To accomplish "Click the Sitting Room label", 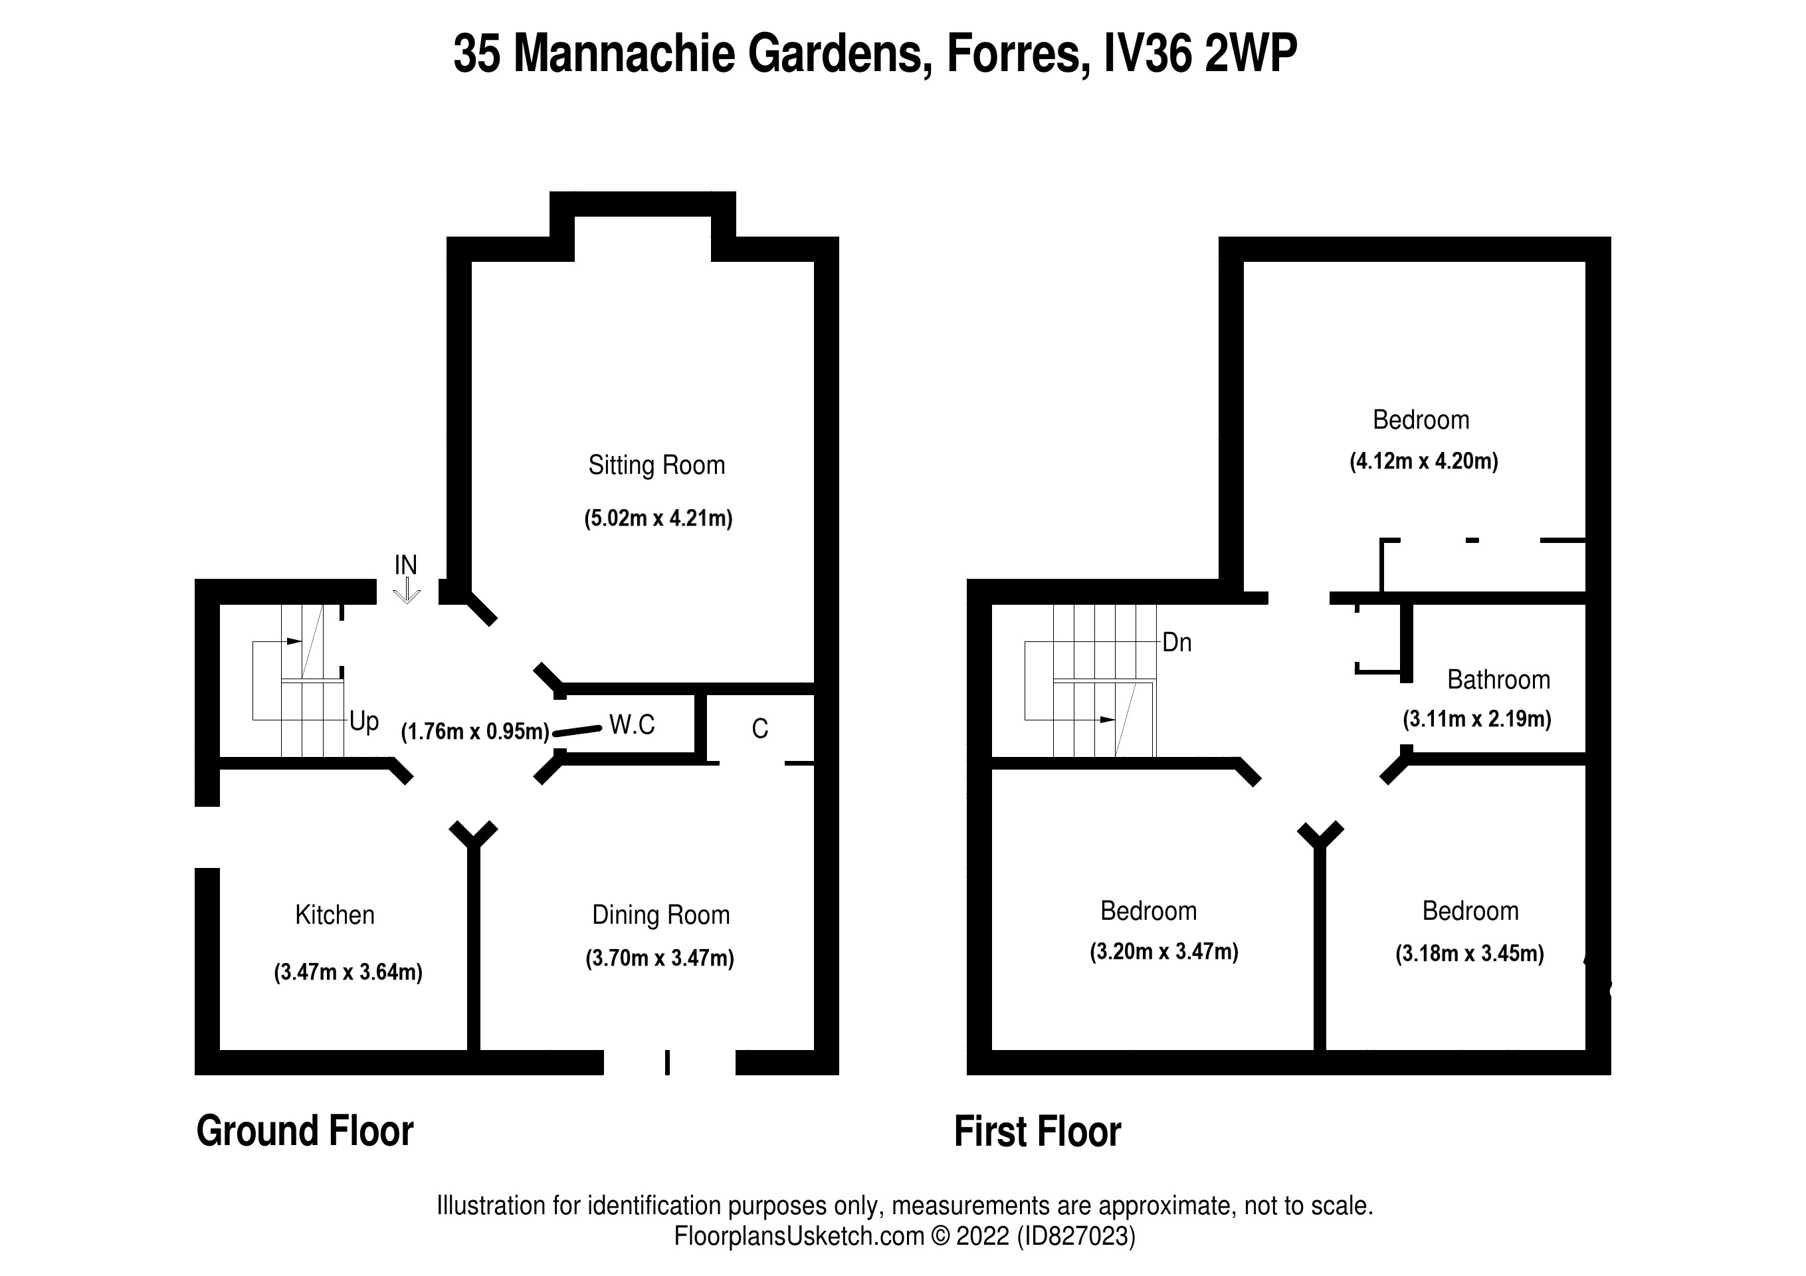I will (656, 465).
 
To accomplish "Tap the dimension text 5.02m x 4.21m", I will (658, 518).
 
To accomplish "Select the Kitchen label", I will (334, 915).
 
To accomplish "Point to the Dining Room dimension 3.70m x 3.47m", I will (659, 958).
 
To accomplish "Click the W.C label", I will (632, 724).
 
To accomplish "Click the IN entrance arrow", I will (406, 590).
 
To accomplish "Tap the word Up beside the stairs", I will (363, 720).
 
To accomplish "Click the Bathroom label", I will (1498, 680).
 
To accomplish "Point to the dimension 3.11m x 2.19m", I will (1476, 719).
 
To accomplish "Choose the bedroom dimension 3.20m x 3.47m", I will (1163, 952).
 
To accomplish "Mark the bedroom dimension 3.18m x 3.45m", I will (1468, 954).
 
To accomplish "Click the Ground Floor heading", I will (304, 1131).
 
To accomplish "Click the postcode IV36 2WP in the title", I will (1199, 54).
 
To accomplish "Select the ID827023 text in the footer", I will (1075, 1236).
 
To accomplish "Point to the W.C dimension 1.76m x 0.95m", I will (475, 732).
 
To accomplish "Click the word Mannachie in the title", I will (625, 54).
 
